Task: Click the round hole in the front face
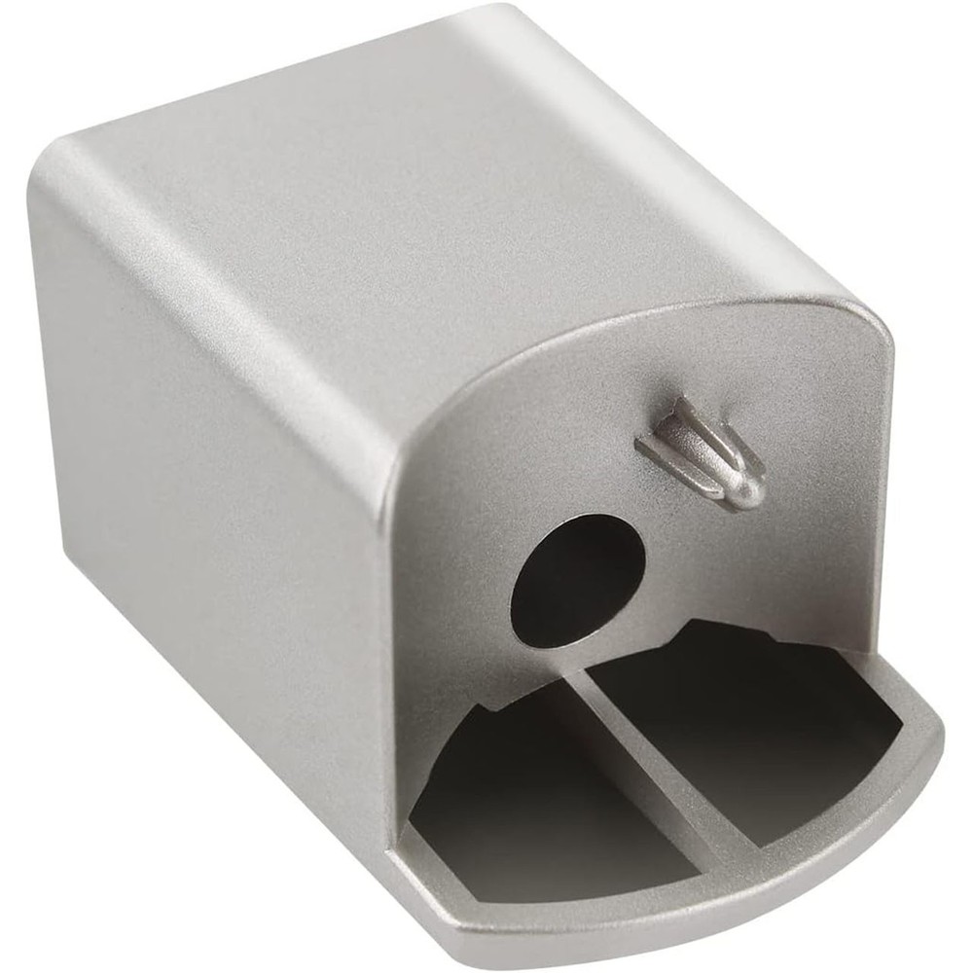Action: (x=578, y=578)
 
